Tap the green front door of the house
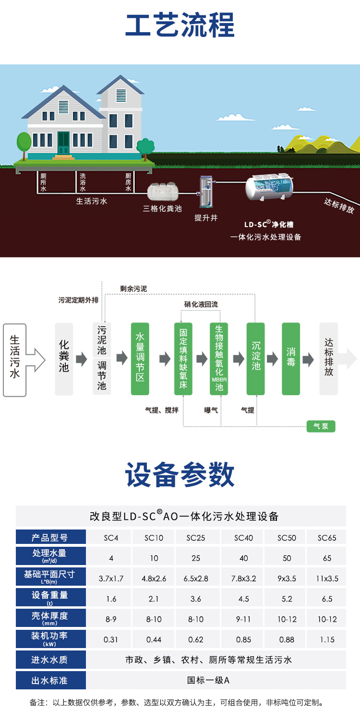63,143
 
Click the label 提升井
206,218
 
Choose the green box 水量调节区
140,359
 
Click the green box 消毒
291,359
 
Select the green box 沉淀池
256,359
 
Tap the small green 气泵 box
321,426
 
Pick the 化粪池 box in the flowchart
64,359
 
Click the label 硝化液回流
201,304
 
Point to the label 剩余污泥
133,289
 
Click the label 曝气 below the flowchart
211,410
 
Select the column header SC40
243,538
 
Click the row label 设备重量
50,597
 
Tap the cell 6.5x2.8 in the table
195,578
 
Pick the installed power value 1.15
327,639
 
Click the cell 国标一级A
208,680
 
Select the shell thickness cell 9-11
243,619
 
